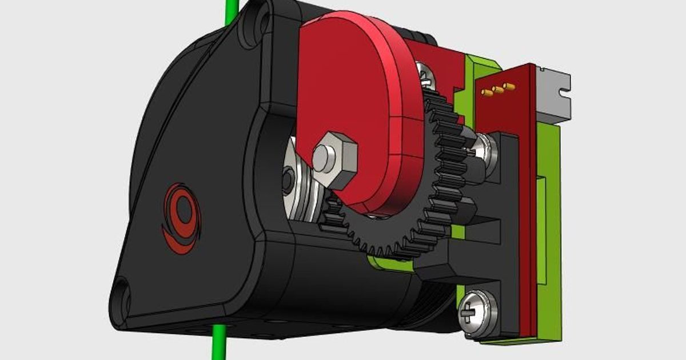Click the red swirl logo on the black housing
181,217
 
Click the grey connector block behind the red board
553,94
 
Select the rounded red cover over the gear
354,97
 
